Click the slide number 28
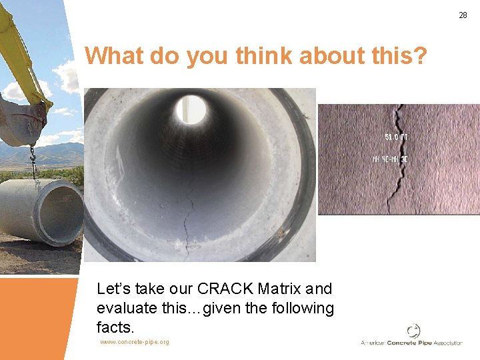[x=463, y=15]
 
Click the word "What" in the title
[x=114, y=56]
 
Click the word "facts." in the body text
[x=115, y=327]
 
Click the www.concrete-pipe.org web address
[x=135, y=342]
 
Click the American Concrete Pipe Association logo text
[x=411, y=343]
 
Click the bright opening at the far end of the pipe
[x=191, y=109]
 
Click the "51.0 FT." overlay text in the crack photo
[x=397, y=137]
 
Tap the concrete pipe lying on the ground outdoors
[x=40, y=211]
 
